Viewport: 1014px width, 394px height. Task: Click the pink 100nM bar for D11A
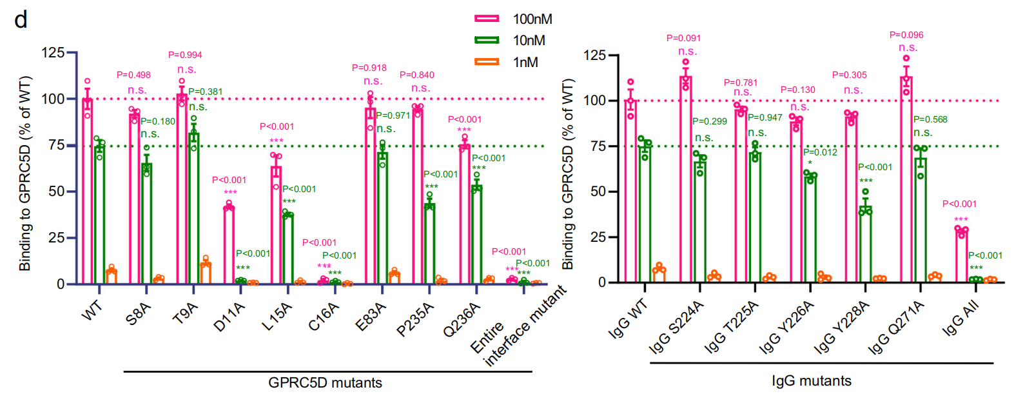[x=229, y=245]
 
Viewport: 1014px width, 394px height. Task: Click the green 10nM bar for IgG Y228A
[x=865, y=245]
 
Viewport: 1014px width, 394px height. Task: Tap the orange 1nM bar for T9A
[x=206, y=273]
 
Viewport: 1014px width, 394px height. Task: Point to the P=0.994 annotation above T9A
[x=185, y=55]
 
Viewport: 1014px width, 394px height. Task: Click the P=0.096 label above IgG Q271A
[x=906, y=35]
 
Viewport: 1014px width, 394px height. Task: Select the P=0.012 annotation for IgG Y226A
[x=820, y=152]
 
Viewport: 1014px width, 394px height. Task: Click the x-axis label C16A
[x=323, y=317]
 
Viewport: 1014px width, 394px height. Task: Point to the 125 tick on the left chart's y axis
[x=53, y=52]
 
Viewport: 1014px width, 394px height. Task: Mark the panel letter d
[x=21, y=19]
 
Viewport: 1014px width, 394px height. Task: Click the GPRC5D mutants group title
[x=325, y=382]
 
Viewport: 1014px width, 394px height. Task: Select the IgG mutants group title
[x=812, y=380]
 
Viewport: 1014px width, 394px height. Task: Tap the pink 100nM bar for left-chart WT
[x=88, y=191]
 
